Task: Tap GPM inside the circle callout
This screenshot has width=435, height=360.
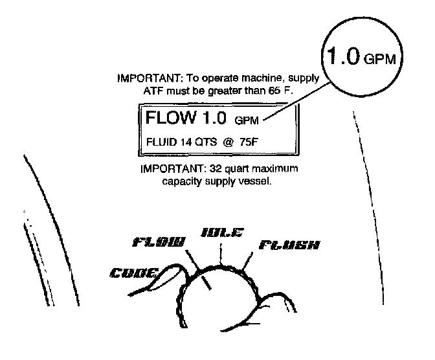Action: point(382,60)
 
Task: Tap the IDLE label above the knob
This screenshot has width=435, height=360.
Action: point(221,232)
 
